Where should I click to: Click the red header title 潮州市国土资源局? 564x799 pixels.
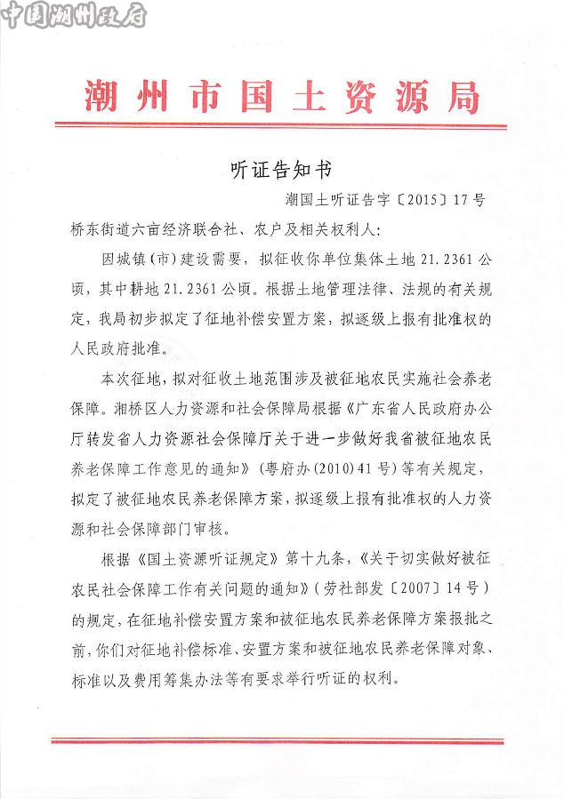(x=282, y=93)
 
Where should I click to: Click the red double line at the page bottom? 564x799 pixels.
(x=282, y=739)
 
